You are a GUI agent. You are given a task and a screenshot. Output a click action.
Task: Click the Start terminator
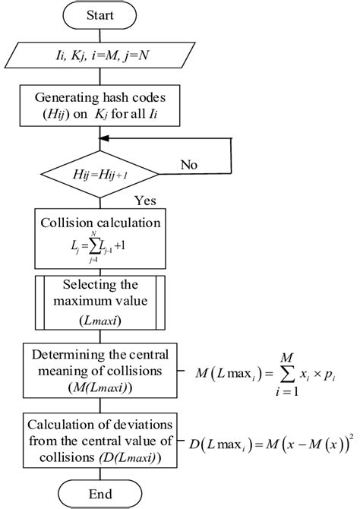(x=99, y=16)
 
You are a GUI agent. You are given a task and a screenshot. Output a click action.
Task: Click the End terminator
(x=99, y=493)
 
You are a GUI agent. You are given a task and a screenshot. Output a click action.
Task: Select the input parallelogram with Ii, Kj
(x=99, y=53)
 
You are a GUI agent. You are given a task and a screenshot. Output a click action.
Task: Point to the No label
(x=191, y=164)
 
